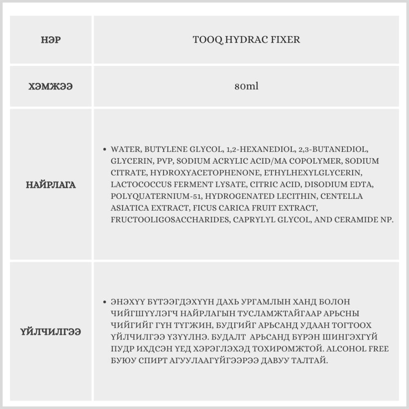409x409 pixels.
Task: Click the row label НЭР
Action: tap(51, 40)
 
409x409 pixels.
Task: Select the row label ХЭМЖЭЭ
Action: tap(51, 87)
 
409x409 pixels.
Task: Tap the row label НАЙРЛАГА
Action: tap(51, 185)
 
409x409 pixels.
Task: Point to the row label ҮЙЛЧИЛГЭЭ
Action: tap(51, 332)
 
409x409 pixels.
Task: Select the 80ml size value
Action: tap(246, 87)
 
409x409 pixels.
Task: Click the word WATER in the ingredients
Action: tap(125, 149)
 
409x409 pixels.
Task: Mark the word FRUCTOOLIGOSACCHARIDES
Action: tap(170, 220)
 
